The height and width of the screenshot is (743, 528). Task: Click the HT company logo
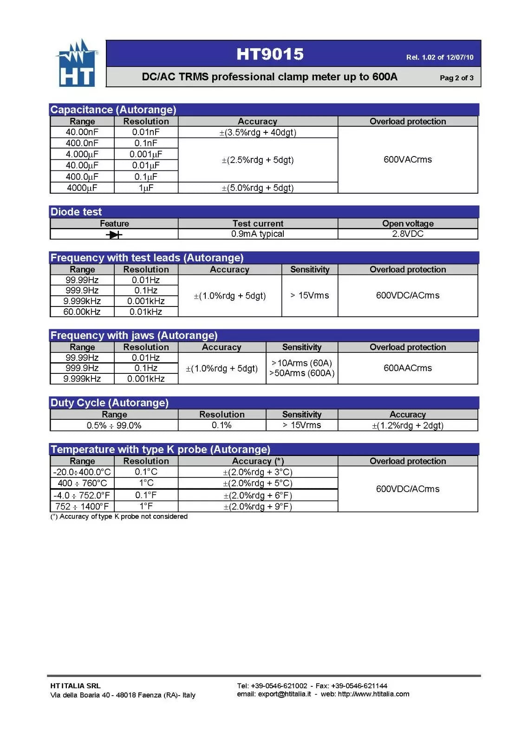coord(77,64)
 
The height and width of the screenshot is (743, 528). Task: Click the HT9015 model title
coord(270,54)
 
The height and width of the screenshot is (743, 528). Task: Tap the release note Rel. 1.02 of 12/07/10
coord(439,58)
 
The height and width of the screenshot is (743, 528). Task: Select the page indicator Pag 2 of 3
coord(456,78)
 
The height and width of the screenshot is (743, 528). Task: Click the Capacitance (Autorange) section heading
coord(113,110)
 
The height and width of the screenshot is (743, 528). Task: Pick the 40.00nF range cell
coord(82,132)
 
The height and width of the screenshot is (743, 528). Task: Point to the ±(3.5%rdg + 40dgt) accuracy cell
coord(258,132)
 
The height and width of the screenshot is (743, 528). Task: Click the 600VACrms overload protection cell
coord(407,160)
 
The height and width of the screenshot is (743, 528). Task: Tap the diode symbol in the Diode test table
coord(114,235)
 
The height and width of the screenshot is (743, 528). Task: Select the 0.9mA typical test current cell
coord(258,234)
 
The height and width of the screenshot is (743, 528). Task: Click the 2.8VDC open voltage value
coord(408,234)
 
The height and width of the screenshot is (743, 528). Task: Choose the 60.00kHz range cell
coord(82,312)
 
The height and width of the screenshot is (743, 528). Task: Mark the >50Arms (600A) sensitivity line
coord(302,373)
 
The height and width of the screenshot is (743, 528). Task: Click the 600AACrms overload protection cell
coord(407,368)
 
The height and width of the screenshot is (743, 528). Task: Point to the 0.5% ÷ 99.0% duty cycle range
coord(114,425)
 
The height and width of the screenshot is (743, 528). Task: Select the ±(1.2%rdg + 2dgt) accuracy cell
coord(407,425)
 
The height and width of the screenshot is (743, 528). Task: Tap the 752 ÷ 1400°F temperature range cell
coord(82,507)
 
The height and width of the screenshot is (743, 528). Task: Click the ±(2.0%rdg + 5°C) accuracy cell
coord(258,483)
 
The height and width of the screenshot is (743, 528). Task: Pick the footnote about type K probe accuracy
coord(119,516)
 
